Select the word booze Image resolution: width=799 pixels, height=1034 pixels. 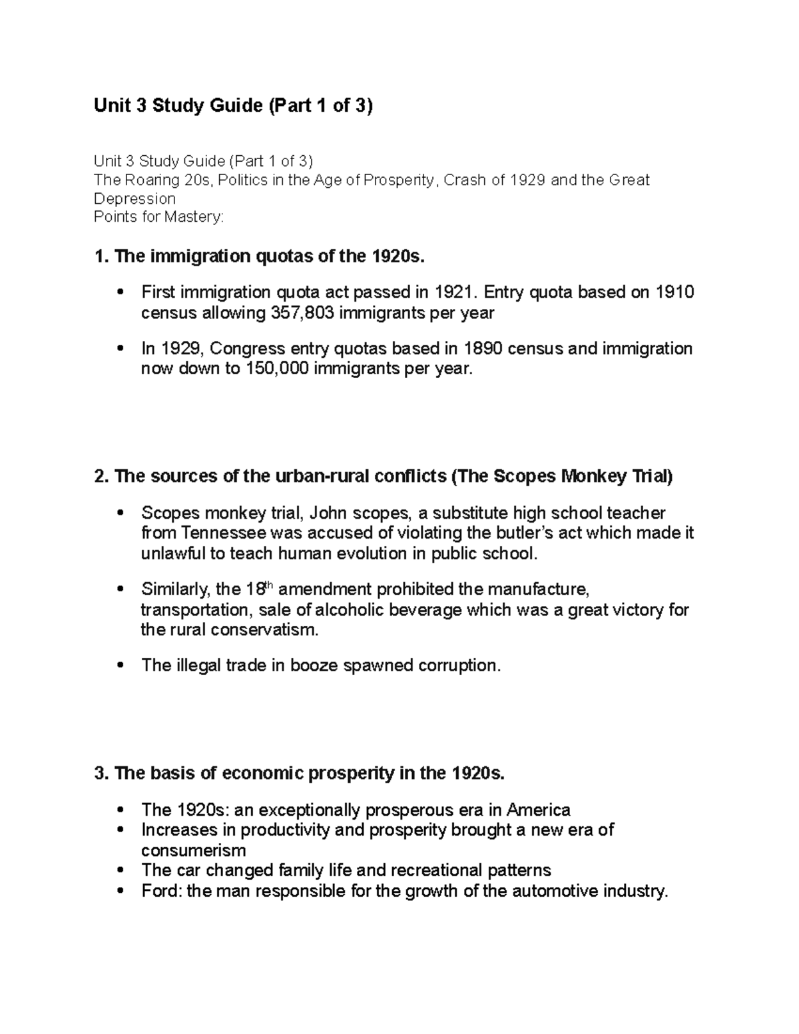click(314, 666)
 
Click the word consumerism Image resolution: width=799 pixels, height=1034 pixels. click(193, 850)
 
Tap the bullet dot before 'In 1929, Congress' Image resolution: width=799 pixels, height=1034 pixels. click(121, 349)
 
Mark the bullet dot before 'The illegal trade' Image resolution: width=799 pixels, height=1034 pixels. click(121, 666)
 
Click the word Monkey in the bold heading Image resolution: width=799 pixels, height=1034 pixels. click(593, 477)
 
